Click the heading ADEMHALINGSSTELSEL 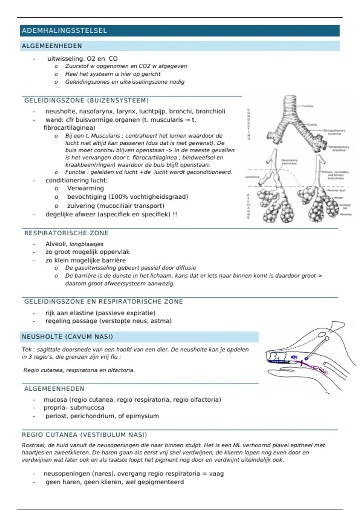point(64,31)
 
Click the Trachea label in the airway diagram point(307,106)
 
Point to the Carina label point(312,124)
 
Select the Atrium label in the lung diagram point(338,198)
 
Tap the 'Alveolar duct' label point(336,190)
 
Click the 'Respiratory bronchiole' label point(289,162)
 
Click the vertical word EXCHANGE point(248,206)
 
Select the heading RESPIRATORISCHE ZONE point(66,233)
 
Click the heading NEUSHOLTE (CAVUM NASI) point(67,337)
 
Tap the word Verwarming point(85,188)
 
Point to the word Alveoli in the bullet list point(56,244)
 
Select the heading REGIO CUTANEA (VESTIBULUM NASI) point(84,435)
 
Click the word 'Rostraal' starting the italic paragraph point(33,445)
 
